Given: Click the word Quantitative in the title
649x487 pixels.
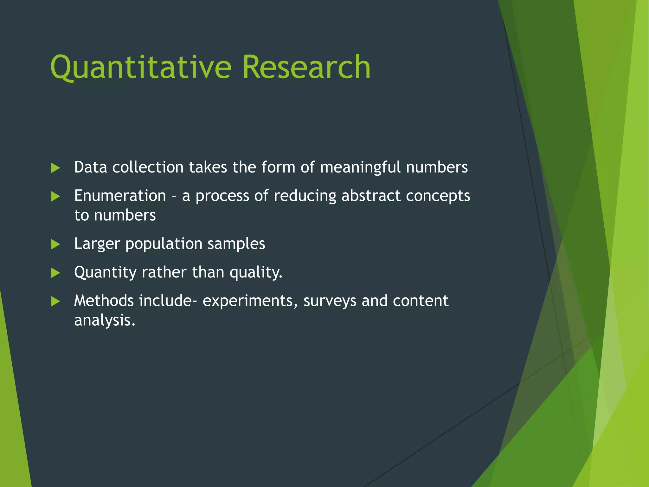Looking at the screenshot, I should (x=141, y=68).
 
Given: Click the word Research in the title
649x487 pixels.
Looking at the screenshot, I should (x=306, y=67).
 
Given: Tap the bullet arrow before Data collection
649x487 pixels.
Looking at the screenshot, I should (x=55, y=168).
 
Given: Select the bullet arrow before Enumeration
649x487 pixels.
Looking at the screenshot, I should (x=55, y=196).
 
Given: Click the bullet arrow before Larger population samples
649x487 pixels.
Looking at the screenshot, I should (x=55, y=244).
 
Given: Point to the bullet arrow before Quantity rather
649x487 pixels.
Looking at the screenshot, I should (x=55, y=273).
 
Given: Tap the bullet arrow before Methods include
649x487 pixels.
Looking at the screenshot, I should (x=55, y=301).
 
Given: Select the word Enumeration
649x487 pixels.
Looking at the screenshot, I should (x=120, y=196).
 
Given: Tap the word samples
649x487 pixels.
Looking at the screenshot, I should (x=236, y=244).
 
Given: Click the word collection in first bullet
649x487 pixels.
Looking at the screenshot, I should (x=148, y=167).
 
